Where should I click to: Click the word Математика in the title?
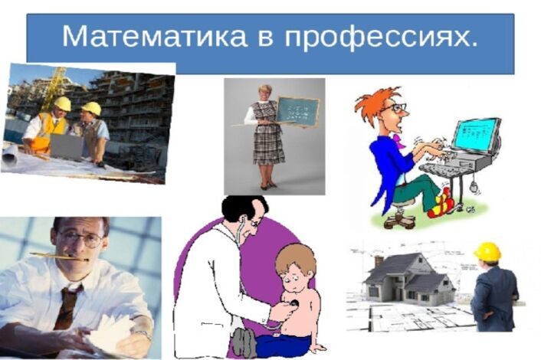point(155,36)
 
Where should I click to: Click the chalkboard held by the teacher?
point(297,112)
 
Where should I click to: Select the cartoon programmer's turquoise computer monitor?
point(477,137)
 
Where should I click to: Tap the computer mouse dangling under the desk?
point(474,187)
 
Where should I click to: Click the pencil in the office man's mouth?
point(59,256)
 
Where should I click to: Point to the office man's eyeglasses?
point(80,238)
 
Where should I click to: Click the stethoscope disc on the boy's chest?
point(295,303)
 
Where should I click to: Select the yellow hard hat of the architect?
point(487,250)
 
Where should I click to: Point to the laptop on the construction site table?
point(67,147)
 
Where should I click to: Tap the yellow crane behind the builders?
point(54,86)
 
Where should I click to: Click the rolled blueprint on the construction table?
point(10,155)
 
